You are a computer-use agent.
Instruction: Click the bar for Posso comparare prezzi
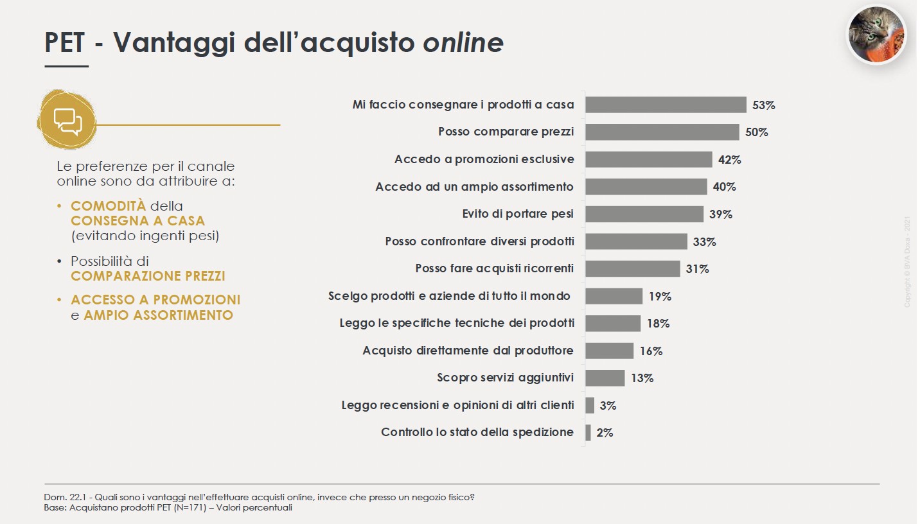(x=662, y=132)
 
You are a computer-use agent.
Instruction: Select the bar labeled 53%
(x=666, y=105)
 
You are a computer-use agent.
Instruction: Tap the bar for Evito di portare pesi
(x=644, y=214)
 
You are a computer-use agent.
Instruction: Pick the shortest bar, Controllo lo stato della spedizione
(x=588, y=432)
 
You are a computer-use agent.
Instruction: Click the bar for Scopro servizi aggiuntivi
(x=605, y=378)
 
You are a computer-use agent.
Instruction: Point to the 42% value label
(x=729, y=160)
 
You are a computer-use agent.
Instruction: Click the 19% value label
(x=659, y=297)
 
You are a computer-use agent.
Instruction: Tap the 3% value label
(x=607, y=405)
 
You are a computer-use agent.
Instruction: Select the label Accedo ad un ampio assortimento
(x=474, y=187)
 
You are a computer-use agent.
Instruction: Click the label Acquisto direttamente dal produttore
(x=468, y=351)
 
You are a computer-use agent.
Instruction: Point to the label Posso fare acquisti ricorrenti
(x=494, y=268)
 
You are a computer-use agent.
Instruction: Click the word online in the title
(x=463, y=42)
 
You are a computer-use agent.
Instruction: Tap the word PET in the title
(x=64, y=42)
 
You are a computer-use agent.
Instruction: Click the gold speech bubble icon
(x=67, y=120)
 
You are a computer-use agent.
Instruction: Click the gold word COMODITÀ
(x=108, y=206)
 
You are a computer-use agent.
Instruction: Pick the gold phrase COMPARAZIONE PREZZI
(x=148, y=276)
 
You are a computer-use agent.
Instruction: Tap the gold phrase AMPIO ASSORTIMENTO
(x=158, y=315)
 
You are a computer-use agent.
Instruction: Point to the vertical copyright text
(x=907, y=261)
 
